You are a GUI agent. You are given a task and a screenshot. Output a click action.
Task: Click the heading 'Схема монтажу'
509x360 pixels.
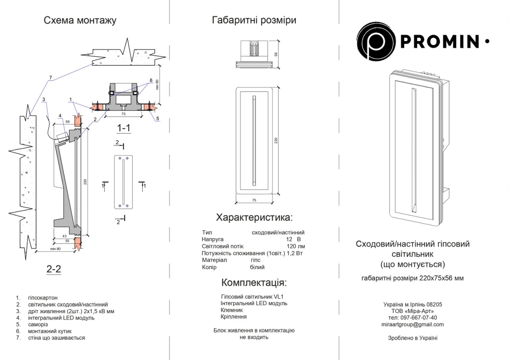(80, 20)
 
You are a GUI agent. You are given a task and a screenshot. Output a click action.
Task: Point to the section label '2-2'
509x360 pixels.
(53, 269)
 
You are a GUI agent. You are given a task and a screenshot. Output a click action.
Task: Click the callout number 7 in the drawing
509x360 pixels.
(51, 81)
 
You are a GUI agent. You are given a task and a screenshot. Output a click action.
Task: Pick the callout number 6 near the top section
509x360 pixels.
(151, 80)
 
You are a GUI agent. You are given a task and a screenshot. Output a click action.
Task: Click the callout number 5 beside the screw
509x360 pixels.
(157, 118)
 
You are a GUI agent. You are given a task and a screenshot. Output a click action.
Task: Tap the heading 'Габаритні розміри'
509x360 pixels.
(254, 20)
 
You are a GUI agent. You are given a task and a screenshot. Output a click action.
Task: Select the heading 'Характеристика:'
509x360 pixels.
(254, 217)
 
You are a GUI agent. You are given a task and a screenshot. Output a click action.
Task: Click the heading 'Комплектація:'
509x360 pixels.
(254, 283)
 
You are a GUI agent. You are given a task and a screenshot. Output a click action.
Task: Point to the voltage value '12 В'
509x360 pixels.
(293, 239)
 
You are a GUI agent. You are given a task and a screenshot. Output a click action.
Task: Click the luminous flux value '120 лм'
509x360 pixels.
(295, 246)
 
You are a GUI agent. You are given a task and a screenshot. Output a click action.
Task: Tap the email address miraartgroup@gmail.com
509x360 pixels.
(412, 324)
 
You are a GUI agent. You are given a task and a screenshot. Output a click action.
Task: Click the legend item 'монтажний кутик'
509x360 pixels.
(50, 331)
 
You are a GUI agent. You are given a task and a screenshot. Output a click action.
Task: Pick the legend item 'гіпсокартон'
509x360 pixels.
(43, 298)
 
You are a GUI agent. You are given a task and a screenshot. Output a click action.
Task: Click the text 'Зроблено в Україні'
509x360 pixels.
(413, 338)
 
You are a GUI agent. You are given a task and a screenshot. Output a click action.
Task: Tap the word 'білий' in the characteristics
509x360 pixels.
(257, 267)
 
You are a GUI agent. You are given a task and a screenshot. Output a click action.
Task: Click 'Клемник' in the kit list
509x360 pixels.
(231, 310)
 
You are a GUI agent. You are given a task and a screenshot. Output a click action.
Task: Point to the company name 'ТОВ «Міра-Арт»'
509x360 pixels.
(413, 311)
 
